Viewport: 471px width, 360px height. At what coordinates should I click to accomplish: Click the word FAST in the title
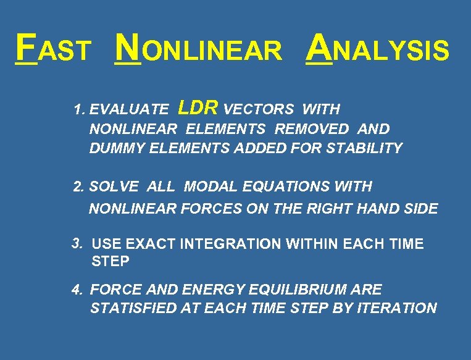coord(54,48)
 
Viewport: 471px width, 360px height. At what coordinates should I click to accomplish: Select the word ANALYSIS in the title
coord(378,48)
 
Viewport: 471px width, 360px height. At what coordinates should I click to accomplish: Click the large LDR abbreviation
coord(198,108)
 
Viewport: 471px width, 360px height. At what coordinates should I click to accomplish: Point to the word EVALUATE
coord(128,110)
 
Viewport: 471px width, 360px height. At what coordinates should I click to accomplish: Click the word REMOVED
coord(312,129)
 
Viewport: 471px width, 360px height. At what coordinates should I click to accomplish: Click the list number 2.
coord(78,186)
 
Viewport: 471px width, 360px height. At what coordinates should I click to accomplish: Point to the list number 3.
coord(77,243)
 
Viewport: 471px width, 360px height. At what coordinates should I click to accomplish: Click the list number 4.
coord(77,289)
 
